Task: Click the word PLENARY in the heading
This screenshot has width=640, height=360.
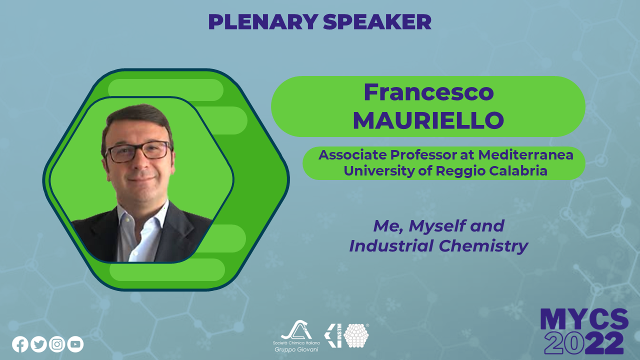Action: coord(263,22)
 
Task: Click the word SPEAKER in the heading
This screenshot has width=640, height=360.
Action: coord(377,22)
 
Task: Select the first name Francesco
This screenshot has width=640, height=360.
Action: coord(428,92)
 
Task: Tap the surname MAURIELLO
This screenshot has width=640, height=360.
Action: coord(428,120)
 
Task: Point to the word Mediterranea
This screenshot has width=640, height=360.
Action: coord(525,155)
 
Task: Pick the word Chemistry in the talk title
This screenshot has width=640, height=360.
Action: coord(483,246)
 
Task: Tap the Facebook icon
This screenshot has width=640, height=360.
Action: coord(20,344)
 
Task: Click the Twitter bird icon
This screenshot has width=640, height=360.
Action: coord(38,344)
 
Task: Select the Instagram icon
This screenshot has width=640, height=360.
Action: coord(57,344)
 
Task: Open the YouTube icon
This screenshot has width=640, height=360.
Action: coord(75,344)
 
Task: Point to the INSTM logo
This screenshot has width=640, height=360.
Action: coord(346,335)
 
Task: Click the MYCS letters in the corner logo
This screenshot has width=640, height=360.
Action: coord(584,319)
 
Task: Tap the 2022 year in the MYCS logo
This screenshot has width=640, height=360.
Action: coord(584,343)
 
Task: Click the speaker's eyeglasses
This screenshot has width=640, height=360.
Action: coord(138,151)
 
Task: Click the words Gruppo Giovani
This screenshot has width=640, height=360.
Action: coord(296,349)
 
